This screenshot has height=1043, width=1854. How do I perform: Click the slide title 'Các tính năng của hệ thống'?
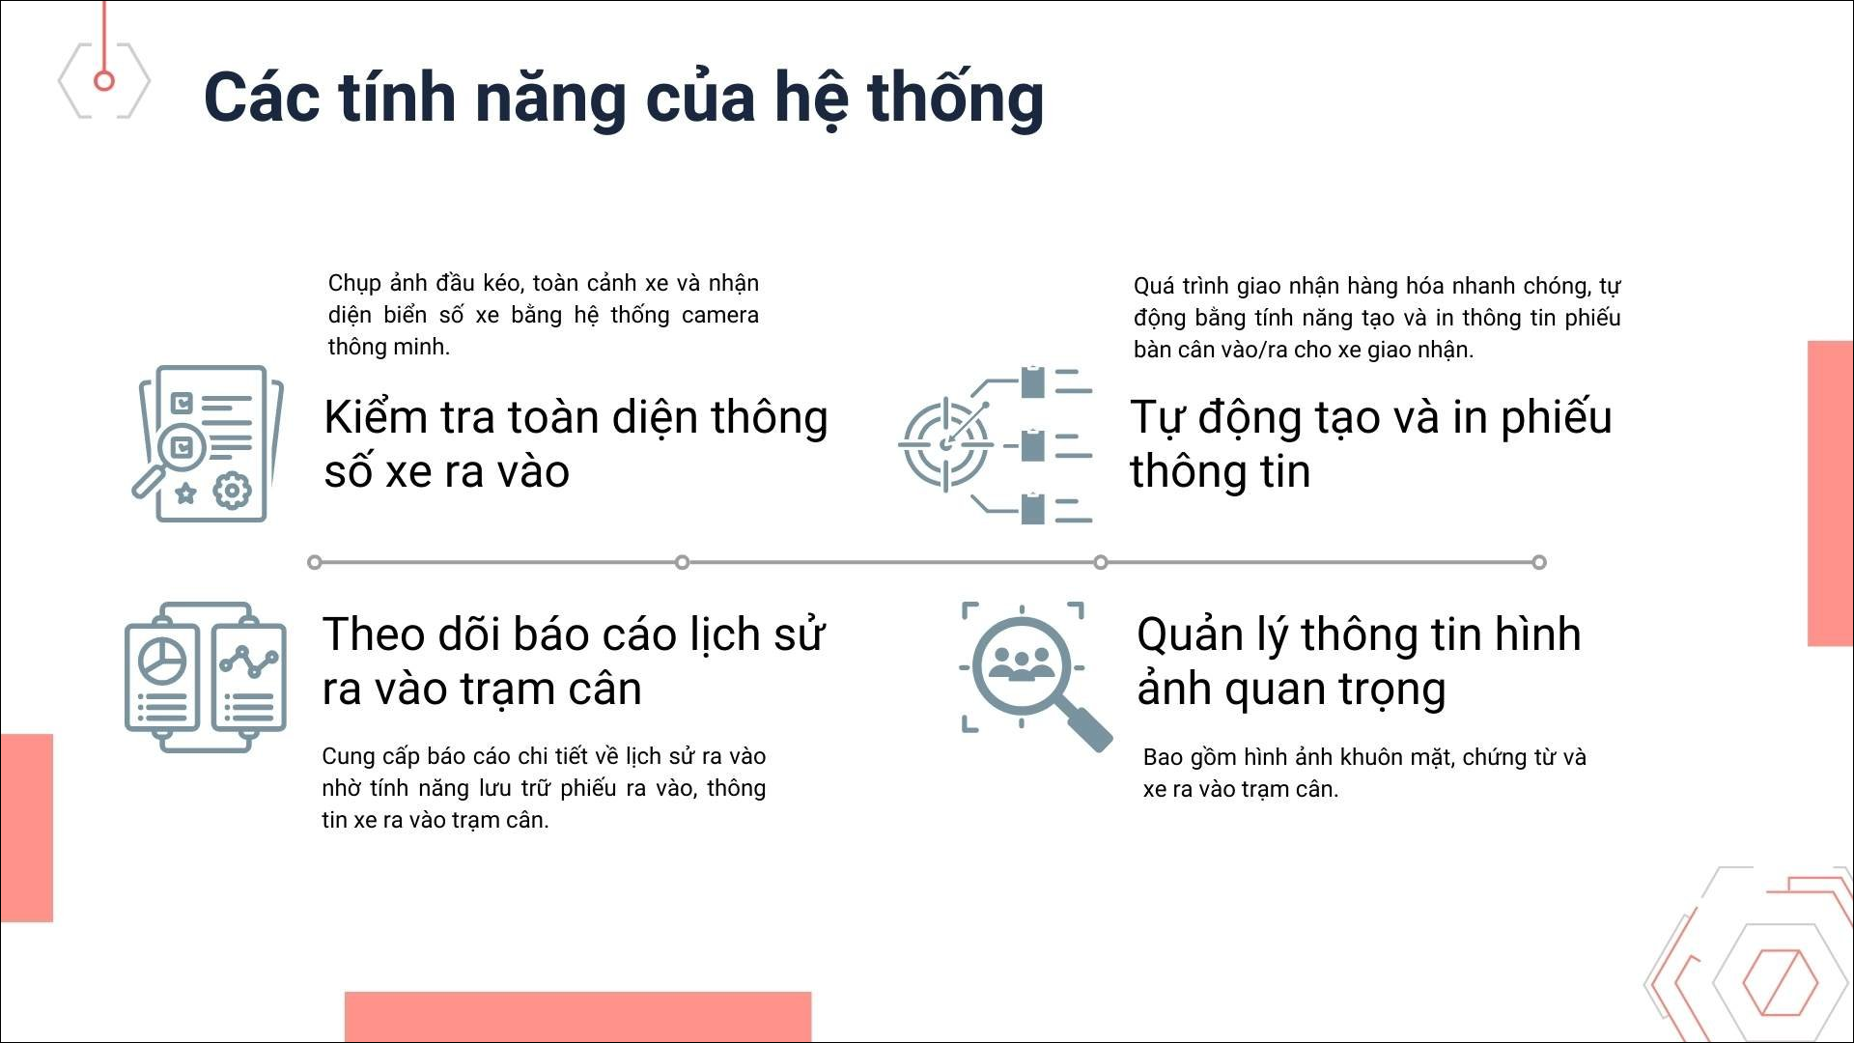(624, 99)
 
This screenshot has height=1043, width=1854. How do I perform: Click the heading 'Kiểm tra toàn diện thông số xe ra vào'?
(576, 444)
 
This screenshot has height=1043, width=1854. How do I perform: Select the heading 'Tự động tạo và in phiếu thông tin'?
(1371, 444)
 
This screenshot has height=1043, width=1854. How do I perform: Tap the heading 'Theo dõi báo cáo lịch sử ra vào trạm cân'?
(574, 662)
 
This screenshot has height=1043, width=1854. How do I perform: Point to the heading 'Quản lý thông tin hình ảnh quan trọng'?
(1359, 662)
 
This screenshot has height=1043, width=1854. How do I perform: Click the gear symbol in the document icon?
(232, 491)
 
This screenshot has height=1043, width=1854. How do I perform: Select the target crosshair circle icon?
(945, 445)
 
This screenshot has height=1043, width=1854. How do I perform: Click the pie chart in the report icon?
(162, 661)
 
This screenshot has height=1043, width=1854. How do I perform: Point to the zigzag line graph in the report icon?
(249, 661)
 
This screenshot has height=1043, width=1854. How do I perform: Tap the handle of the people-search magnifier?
(1087, 727)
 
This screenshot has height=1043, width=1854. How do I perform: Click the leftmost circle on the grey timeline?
(315, 562)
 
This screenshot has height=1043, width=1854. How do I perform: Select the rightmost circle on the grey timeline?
(1539, 562)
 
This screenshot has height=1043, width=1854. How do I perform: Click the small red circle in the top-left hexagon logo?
(104, 80)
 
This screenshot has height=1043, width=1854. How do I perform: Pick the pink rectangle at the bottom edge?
(577, 1017)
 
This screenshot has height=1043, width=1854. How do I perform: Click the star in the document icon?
(184, 493)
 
